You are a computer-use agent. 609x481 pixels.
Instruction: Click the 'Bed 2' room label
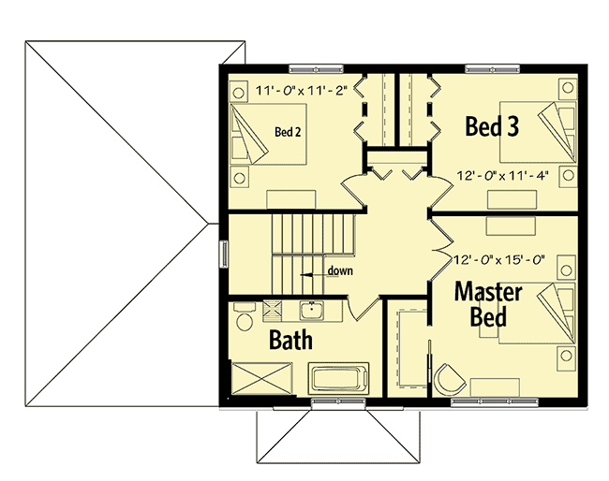click(x=287, y=132)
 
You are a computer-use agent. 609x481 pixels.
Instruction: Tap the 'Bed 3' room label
click(x=492, y=126)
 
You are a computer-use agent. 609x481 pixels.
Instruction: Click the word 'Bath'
click(x=290, y=339)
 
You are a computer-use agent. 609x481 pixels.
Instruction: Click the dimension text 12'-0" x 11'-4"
click(x=502, y=175)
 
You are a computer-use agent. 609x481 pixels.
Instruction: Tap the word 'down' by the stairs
click(x=339, y=271)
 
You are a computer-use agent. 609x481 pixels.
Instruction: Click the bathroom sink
click(x=308, y=309)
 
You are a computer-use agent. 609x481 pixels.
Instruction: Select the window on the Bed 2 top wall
click(x=315, y=67)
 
